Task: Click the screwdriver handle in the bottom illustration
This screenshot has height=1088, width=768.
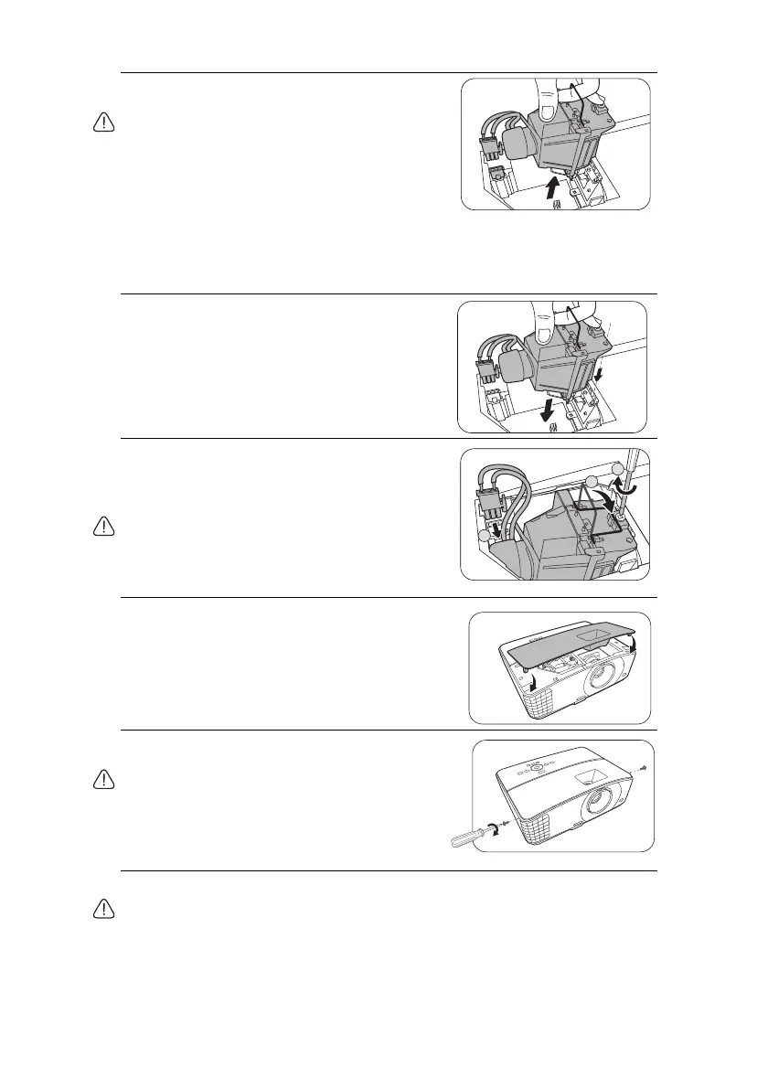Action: click(461, 838)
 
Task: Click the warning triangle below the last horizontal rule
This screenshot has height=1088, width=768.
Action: click(104, 908)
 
